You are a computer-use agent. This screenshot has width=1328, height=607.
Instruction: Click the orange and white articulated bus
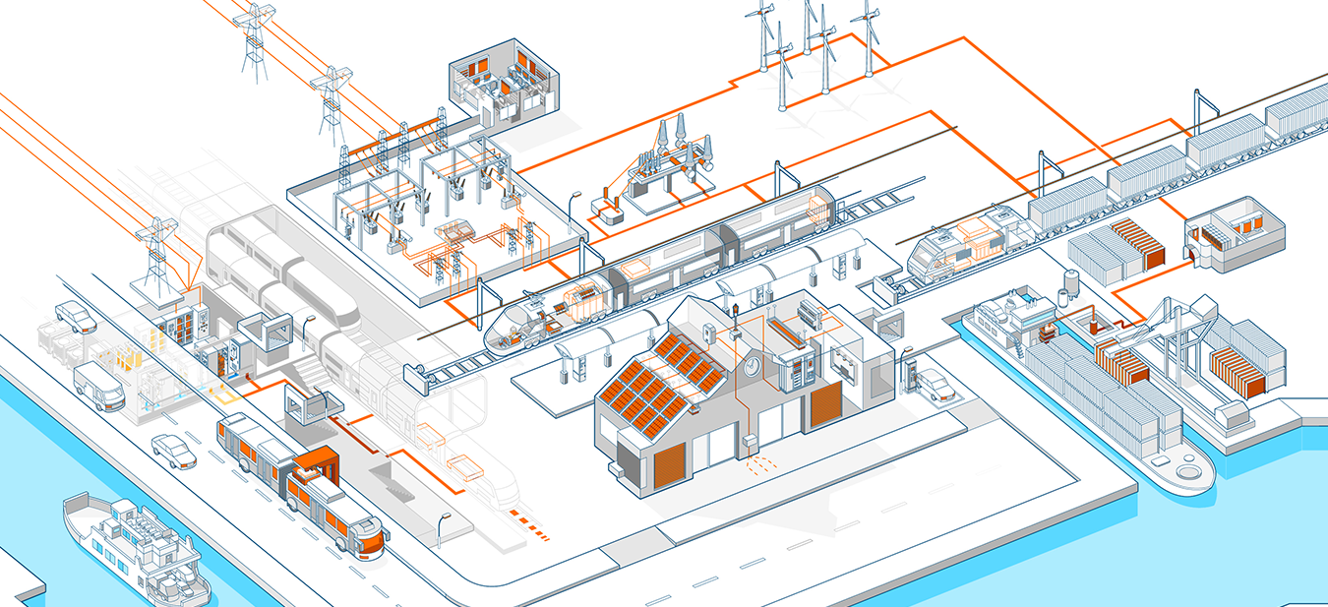click(295, 482)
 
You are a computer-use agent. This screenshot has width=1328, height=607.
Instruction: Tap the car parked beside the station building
click(937, 385)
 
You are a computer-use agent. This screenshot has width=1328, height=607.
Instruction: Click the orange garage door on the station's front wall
click(669, 462)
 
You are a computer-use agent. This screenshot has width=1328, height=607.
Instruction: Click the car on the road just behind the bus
click(174, 451)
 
